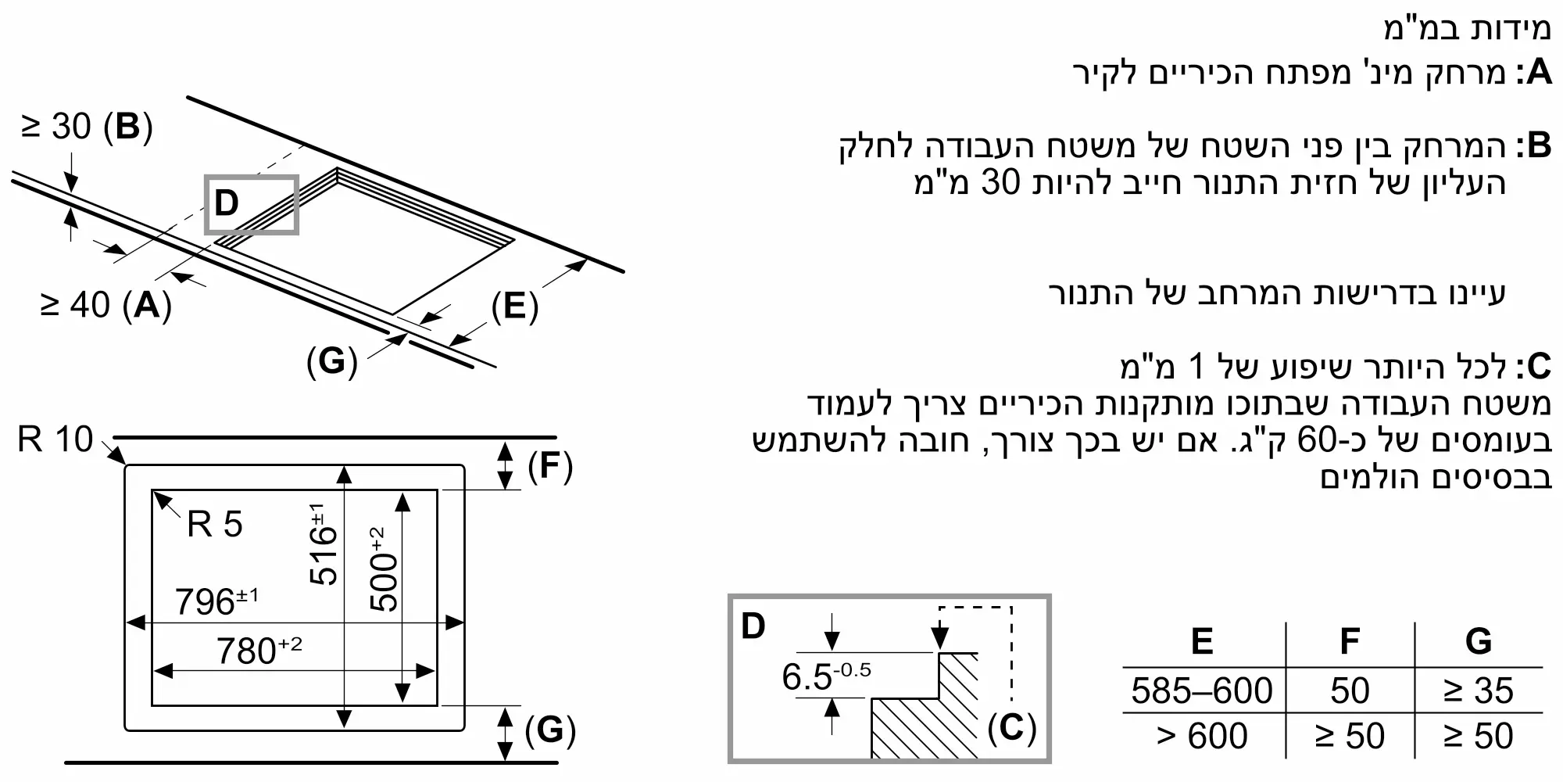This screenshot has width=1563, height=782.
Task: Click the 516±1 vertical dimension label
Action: [x=324, y=544]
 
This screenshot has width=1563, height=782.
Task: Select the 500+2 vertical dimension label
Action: [x=384, y=569]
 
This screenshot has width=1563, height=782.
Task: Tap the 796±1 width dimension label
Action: [x=216, y=601]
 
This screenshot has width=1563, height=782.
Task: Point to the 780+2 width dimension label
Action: [x=259, y=650]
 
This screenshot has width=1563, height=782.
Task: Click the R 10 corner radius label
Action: [x=55, y=439]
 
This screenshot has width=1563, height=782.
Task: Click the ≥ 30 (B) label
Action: [x=86, y=127]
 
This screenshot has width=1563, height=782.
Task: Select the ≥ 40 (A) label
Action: [x=106, y=304]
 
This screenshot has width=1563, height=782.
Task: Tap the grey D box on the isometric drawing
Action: [x=251, y=204]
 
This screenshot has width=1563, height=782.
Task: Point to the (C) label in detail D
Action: [x=1011, y=728]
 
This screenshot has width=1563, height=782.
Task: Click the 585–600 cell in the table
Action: [x=1201, y=691]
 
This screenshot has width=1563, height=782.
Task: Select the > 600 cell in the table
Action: [x=1201, y=736]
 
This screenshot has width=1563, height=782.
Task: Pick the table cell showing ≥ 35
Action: [x=1478, y=691]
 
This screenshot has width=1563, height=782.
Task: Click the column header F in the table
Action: [x=1350, y=641]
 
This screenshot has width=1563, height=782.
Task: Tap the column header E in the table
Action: [x=1201, y=641]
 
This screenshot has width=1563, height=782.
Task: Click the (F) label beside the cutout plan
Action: [x=550, y=467]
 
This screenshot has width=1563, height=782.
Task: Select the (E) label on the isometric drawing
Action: [x=514, y=306]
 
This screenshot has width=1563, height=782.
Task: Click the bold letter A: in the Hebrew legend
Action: [x=1533, y=73]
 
